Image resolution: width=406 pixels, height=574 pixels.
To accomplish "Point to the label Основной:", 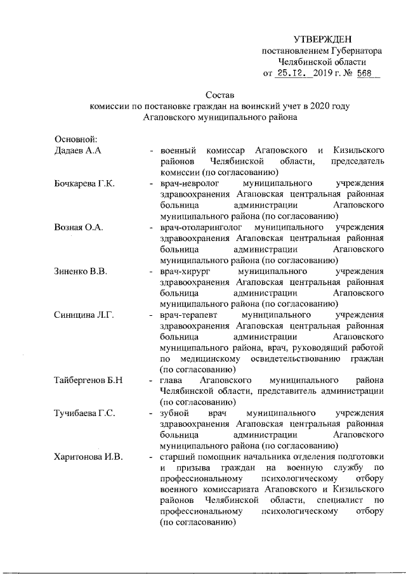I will pos(75,139).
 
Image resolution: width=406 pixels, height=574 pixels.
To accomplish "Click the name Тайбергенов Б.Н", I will pos(89,381).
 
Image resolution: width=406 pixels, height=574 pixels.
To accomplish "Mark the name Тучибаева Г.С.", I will pos(84,414).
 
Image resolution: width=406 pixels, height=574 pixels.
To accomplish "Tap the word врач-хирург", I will pos(184,271).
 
